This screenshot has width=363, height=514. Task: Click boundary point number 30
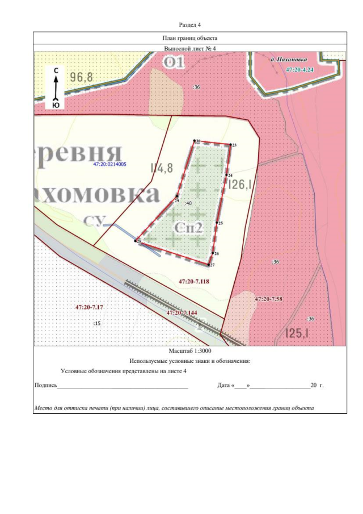(195, 141)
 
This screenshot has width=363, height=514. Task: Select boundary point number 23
(231, 144)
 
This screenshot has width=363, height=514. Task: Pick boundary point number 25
(218, 222)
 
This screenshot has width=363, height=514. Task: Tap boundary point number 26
(213, 253)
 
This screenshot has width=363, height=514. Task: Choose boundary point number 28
(137, 241)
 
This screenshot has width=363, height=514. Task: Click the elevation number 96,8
(82, 77)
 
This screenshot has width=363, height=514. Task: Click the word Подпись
(45, 385)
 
